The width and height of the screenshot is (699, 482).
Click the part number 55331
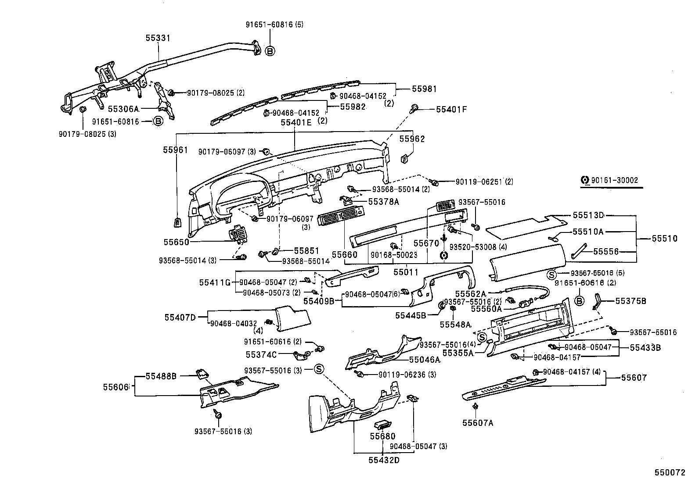(x=158, y=39)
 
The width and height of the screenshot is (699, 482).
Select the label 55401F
(x=451, y=109)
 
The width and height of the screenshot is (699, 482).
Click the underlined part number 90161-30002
(x=614, y=180)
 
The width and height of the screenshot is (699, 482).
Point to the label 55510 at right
(x=664, y=239)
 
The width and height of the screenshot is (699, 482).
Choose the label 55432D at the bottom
(x=384, y=460)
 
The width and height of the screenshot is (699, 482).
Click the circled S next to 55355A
(x=481, y=337)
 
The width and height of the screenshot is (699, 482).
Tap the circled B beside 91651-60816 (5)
(x=270, y=51)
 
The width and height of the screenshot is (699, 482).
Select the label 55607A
(x=477, y=423)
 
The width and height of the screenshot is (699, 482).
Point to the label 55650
(x=176, y=242)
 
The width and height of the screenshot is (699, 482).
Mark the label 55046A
(x=424, y=360)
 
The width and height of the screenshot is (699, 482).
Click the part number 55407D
(x=180, y=316)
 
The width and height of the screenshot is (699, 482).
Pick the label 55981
(x=424, y=89)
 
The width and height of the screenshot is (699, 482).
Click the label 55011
(x=406, y=272)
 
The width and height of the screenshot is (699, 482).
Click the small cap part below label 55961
(x=177, y=222)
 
